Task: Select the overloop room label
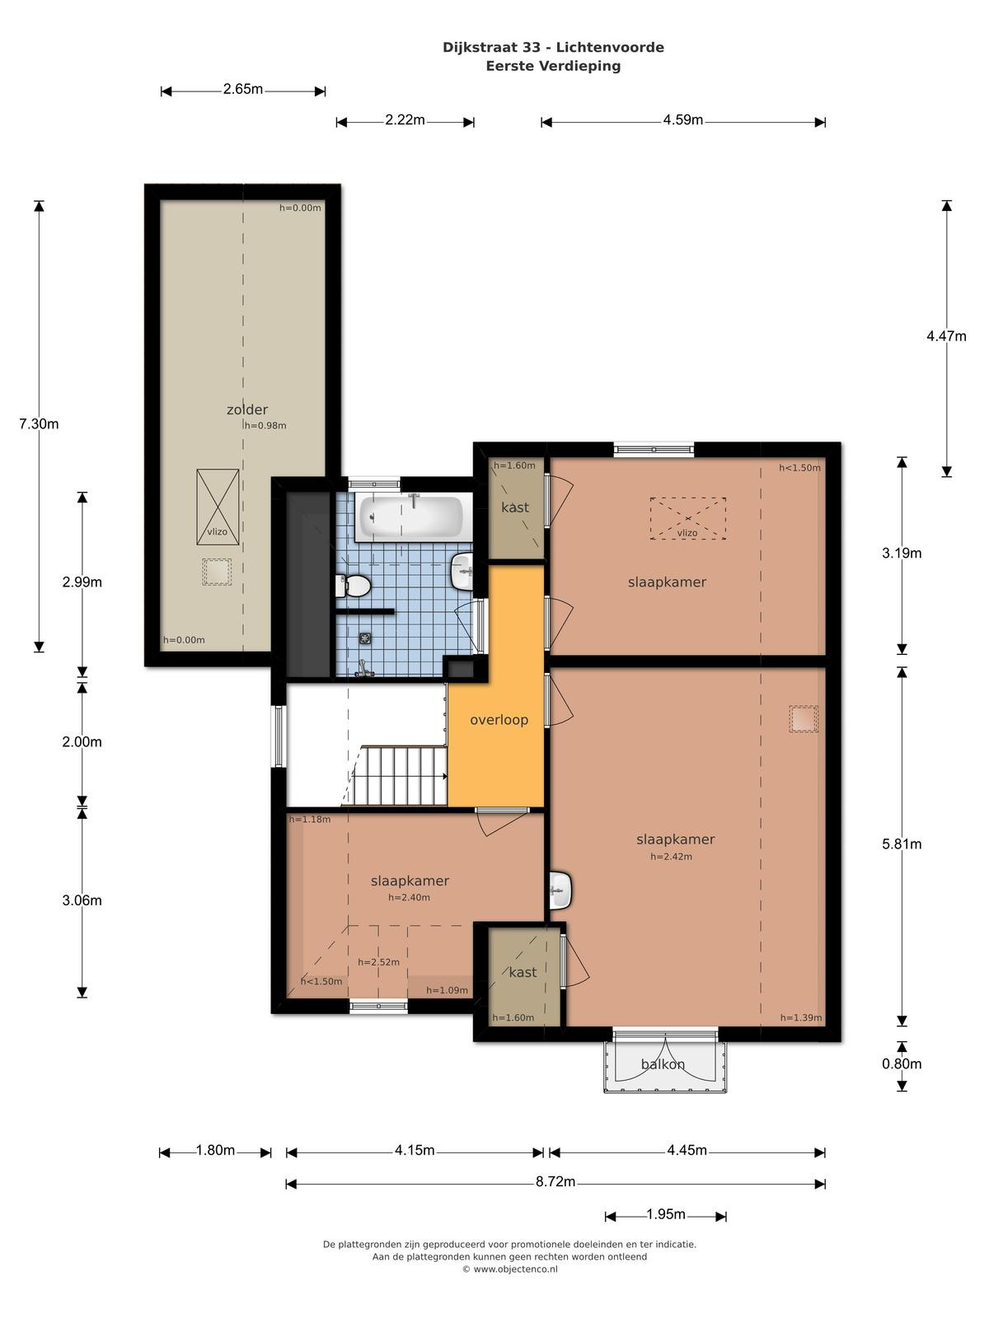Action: tap(499, 719)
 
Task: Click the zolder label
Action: tap(246, 409)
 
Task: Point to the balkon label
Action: tap(663, 1064)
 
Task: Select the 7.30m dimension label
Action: tap(39, 424)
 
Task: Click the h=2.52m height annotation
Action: tap(378, 962)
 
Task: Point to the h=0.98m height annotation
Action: tap(265, 426)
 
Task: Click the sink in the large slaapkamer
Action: tap(560, 890)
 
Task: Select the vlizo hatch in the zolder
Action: tap(218, 507)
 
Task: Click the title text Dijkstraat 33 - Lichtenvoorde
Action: tap(553, 48)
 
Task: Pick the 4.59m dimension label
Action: tap(682, 120)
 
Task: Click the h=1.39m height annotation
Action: tap(801, 1018)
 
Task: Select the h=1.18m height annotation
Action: tap(310, 819)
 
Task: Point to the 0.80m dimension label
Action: tap(902, 1064)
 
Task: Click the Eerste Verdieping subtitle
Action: tap(553, 66)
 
